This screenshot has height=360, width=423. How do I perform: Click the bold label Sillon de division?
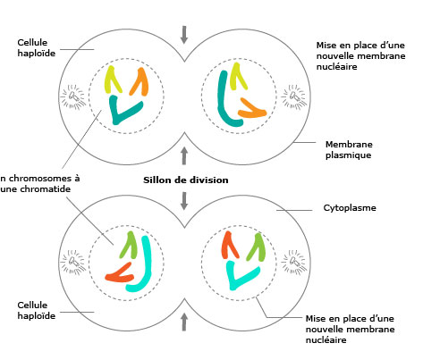pyautogui.click(x=186, y=180)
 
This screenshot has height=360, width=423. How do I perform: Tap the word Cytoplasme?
pyautogui.click(x=350, y=208)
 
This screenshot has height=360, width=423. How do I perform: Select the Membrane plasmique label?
pyautogui.click(x=349, y=150)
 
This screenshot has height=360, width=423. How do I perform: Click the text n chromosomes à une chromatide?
pyautogui.click(x=40, y=184)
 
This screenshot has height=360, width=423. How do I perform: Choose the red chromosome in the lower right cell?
pyautogui.click(x=228, y=245)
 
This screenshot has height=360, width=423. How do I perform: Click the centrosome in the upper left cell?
pyautogui.click(x=72, y=96)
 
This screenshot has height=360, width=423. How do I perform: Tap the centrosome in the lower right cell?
pyautogui.click(x=294, y=262)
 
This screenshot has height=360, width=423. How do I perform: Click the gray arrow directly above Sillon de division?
pyautogui.click(x=184, y=155)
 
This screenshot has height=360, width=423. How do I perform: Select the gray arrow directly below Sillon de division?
pyautogui.click(x=184, y=201)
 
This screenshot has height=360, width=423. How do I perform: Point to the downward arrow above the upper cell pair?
pyautogui.click(x=184, y=35)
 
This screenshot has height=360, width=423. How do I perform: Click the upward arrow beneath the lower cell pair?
pyautogui.click(x=184, y=322)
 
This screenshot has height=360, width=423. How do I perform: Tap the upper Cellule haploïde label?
pyautogui.click(x=37, y=48)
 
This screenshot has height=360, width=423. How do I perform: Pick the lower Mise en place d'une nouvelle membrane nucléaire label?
pyautogui.click(x=351, y=330)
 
